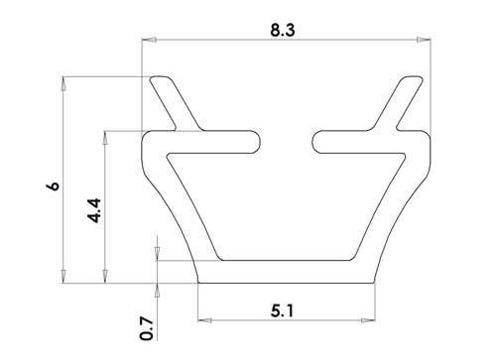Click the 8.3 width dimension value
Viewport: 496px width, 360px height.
coord(283,30)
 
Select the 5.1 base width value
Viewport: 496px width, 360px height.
coord(282,310)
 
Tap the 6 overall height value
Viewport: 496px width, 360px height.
coord(54,185)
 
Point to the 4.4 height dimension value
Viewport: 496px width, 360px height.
coord(94,210)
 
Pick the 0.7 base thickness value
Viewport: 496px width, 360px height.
coord(147,328)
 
